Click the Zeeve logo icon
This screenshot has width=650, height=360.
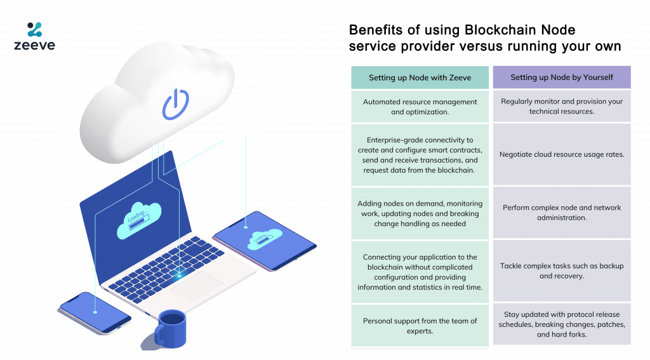(34, 29)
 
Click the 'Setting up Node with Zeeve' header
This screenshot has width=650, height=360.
(420, 77)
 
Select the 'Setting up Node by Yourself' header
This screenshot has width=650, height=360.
(562, 77)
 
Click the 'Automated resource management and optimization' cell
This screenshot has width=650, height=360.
(420, 107)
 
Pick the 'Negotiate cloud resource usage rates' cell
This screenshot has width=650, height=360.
(562, 154)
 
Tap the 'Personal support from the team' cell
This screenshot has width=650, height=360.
(420, 326)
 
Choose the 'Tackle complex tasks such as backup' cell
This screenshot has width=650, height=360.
(562, 270)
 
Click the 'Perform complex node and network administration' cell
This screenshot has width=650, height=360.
(562, 213)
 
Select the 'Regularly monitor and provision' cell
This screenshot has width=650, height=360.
(562, 106)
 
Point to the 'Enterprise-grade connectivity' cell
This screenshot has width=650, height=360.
(420, 155)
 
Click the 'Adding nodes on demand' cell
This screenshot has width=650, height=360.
(420, 213)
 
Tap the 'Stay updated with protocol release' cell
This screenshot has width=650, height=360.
(562, 324)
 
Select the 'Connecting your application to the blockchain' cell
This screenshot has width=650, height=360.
(420, 272)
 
